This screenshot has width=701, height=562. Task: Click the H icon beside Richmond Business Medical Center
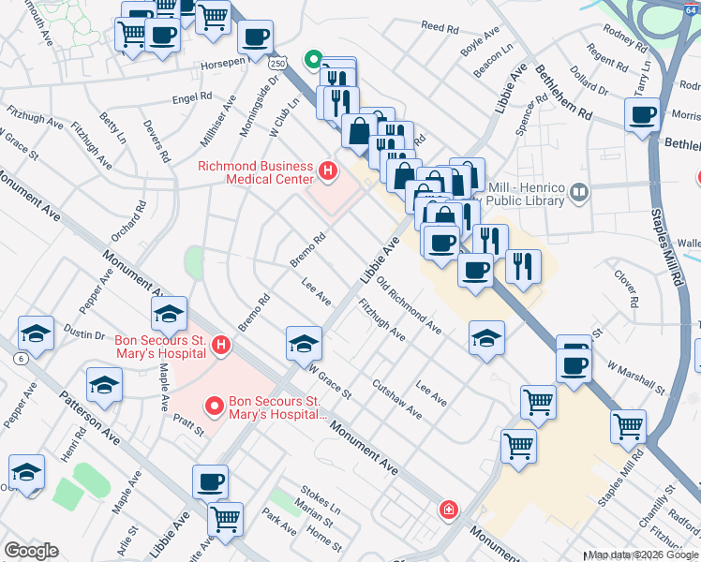point(327,170)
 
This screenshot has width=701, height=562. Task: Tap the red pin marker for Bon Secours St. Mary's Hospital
point(214,407)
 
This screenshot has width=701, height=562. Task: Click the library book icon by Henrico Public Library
point(578,193)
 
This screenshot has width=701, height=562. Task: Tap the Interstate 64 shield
point(692,7)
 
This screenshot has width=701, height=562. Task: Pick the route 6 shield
point(20,359)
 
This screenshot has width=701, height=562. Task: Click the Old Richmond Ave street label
point(409,305)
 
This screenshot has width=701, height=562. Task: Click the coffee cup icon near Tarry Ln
point(643,116)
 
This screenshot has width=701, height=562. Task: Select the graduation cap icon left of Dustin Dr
point(36,333)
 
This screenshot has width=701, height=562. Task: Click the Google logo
point(31,552)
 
